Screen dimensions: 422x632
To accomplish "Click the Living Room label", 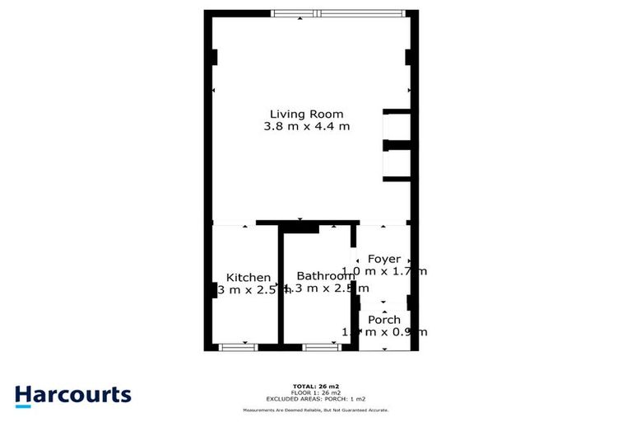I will point(306,114).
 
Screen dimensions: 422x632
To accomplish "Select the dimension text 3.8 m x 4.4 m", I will point(306,127).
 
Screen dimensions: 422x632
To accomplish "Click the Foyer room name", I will point(384,259).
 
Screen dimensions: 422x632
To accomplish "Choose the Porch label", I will point(384,320).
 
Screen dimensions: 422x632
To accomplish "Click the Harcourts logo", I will point(72,394).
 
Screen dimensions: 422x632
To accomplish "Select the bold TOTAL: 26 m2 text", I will point(315,386).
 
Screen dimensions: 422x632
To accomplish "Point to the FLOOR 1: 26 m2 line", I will point(315,392).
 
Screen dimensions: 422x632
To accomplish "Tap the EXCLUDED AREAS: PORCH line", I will point(315,399).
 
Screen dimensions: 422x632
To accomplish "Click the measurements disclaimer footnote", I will point(315,410).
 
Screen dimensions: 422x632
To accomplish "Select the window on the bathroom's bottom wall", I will point(320,347).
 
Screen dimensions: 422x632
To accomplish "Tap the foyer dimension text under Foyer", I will point(384,271).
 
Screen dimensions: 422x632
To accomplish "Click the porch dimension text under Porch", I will point(384,332).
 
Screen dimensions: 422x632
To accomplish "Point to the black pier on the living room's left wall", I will point(214,58).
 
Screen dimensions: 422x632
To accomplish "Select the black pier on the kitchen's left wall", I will point(214,290).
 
